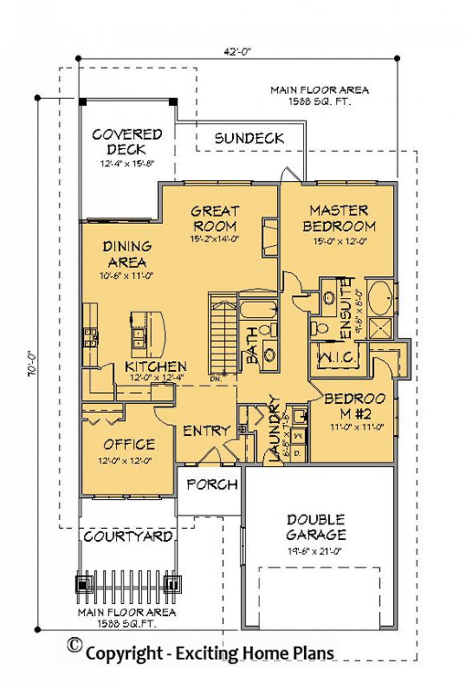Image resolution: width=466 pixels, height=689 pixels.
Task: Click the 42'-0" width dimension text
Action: pyautogui.click(x=237, y=52)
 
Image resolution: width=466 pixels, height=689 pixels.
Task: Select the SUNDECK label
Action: pyautogui.click(x=249, y=138)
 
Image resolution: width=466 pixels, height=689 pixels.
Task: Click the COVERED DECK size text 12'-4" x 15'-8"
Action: pyautogui.click(x=127, y=164)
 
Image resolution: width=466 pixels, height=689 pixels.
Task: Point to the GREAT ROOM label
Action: pyautogui.click(x=215, y=219)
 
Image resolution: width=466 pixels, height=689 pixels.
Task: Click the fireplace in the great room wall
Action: pyautogui.click(x=270, y=237)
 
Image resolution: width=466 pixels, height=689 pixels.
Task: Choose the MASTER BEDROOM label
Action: pyautogui.click(x=339, y=219)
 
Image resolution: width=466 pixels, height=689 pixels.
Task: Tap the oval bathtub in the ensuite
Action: pyautogui.click(x=381, y=298)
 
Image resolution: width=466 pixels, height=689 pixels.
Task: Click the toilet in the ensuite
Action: pyautogui.click(x=320, y=327)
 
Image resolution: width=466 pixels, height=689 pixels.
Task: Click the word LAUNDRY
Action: pyautogui.click(x=274, y=429)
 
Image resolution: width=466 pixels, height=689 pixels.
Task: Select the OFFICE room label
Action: pyautogui.click(x=129, y=444)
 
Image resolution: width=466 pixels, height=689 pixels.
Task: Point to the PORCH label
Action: pyautogui.click(x=212, y=485)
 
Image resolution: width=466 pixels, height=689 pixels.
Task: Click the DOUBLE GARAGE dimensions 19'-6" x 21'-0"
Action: pyautogui.click(x=315, y=551)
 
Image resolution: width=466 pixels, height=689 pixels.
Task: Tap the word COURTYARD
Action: pyautogui.click(x=128, y=537)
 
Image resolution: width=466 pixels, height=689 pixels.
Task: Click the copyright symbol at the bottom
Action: pyautogui.click(x=74, y=645)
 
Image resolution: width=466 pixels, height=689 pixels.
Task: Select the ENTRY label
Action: pyautogui.click(x=206, y=431)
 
